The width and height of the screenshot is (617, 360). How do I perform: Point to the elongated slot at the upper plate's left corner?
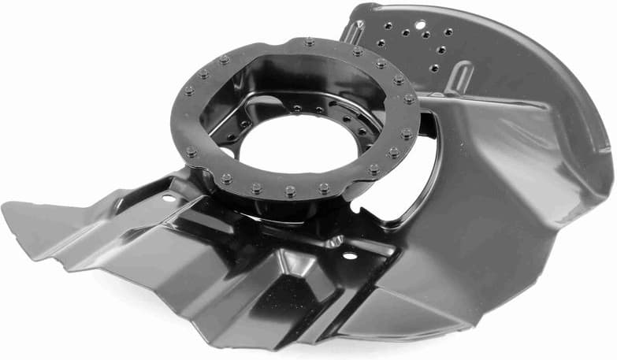tap(352, 32)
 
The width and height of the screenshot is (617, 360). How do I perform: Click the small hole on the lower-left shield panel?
tap(168, 198)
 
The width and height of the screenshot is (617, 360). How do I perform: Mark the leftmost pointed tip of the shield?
tap(5, 207)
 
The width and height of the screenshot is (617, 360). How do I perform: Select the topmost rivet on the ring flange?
tap(308, 41)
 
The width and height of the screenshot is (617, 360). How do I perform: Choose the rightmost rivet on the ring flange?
tap(410, 99)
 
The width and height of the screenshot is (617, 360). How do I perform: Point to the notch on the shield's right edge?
tap(605, 147)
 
